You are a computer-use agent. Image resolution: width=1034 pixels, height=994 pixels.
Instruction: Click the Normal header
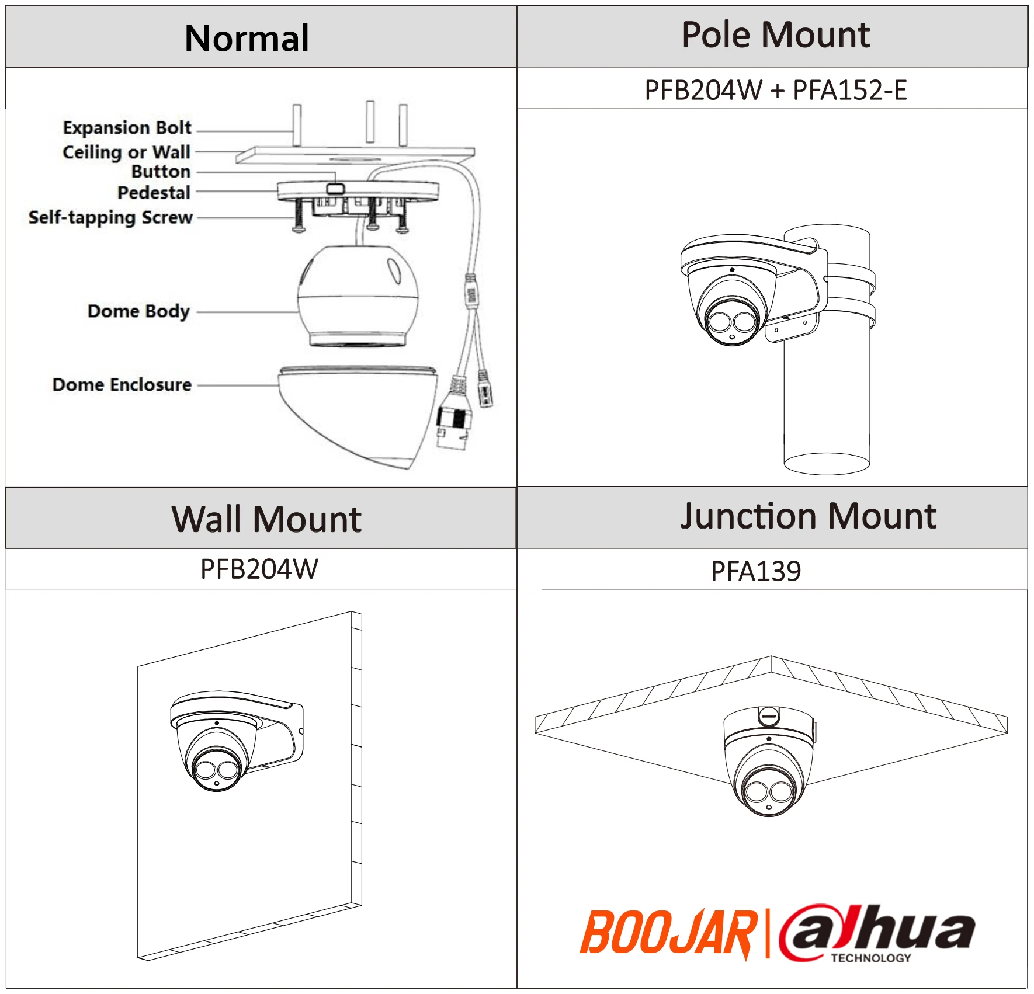click(247, 39)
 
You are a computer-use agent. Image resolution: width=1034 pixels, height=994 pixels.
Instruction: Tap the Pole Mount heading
click(775, 35)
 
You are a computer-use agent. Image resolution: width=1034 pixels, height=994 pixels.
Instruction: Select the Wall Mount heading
click(266, 519)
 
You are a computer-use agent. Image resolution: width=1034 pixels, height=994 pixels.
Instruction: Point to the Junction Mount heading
click(808, 516)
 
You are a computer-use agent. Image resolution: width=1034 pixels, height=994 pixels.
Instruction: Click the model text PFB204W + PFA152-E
click(775, 91)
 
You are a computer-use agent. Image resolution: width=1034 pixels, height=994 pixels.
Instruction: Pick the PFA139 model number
click(755, 571)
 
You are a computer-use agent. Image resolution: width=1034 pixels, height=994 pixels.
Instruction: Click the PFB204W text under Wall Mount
click(259, 569)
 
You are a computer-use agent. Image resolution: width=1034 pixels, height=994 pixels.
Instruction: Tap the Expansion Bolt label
click(127, 127)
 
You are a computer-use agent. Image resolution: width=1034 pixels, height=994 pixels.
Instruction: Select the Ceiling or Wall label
click(126, 152)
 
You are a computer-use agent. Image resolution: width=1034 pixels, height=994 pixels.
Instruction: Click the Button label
click(161, 172)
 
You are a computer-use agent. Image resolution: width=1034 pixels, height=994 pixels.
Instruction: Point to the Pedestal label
click(154, 193)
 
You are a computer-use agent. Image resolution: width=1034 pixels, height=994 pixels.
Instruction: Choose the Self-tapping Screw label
click(110, 217)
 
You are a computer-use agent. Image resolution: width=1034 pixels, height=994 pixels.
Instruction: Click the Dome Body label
click(138, 311)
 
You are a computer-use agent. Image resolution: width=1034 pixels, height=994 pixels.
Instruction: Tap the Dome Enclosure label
click(122, 384)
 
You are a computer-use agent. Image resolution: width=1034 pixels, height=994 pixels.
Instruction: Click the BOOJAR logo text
click(668, 933)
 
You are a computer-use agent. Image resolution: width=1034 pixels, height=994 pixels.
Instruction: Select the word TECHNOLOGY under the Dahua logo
click(870, 958)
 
